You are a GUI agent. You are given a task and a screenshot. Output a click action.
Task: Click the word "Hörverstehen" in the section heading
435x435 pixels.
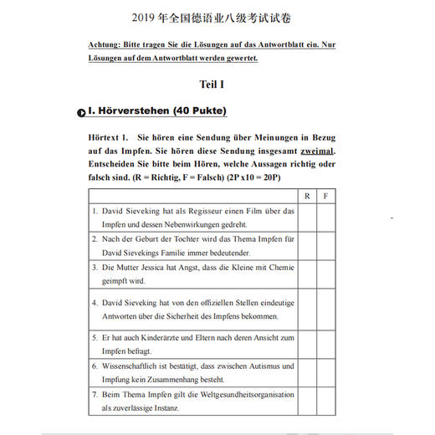(135, 110)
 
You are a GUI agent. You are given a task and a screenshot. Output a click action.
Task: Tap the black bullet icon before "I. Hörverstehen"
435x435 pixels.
(81, 111)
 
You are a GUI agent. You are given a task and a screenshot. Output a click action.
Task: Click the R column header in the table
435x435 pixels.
(307, 195)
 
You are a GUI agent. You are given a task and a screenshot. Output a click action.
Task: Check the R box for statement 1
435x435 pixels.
(307, 217)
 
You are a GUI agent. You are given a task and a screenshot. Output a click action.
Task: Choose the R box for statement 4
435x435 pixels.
(307, 309)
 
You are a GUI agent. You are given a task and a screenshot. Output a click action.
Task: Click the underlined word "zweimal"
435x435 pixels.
(313, 151)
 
